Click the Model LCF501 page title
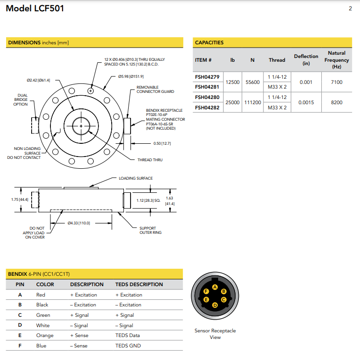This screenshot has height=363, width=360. click(35, 8)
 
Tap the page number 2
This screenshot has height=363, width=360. click(350, 8)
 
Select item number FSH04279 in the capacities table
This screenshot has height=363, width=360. click(207, 77)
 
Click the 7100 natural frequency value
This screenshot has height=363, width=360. click(336, 82)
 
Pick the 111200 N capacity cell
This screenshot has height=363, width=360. click(253, 102)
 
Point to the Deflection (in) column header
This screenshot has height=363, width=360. click(306, 60)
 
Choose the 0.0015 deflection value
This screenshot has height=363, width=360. click(306, 102)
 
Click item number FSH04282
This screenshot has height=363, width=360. click(207, 107)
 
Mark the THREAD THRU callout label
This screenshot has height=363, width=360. click(150, 160)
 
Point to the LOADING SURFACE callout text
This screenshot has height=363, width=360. click(136, 178)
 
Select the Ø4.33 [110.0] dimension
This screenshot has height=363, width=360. click(78, 223)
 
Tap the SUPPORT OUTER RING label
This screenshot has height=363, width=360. click(150, 231)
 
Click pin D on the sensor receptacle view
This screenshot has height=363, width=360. click(215, 305)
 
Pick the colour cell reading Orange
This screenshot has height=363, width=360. click(45, 336)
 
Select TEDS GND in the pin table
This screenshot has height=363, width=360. click(128, 346)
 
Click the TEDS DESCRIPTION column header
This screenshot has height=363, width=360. click(139, 284)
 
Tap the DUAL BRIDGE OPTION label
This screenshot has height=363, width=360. click(20, 99)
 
